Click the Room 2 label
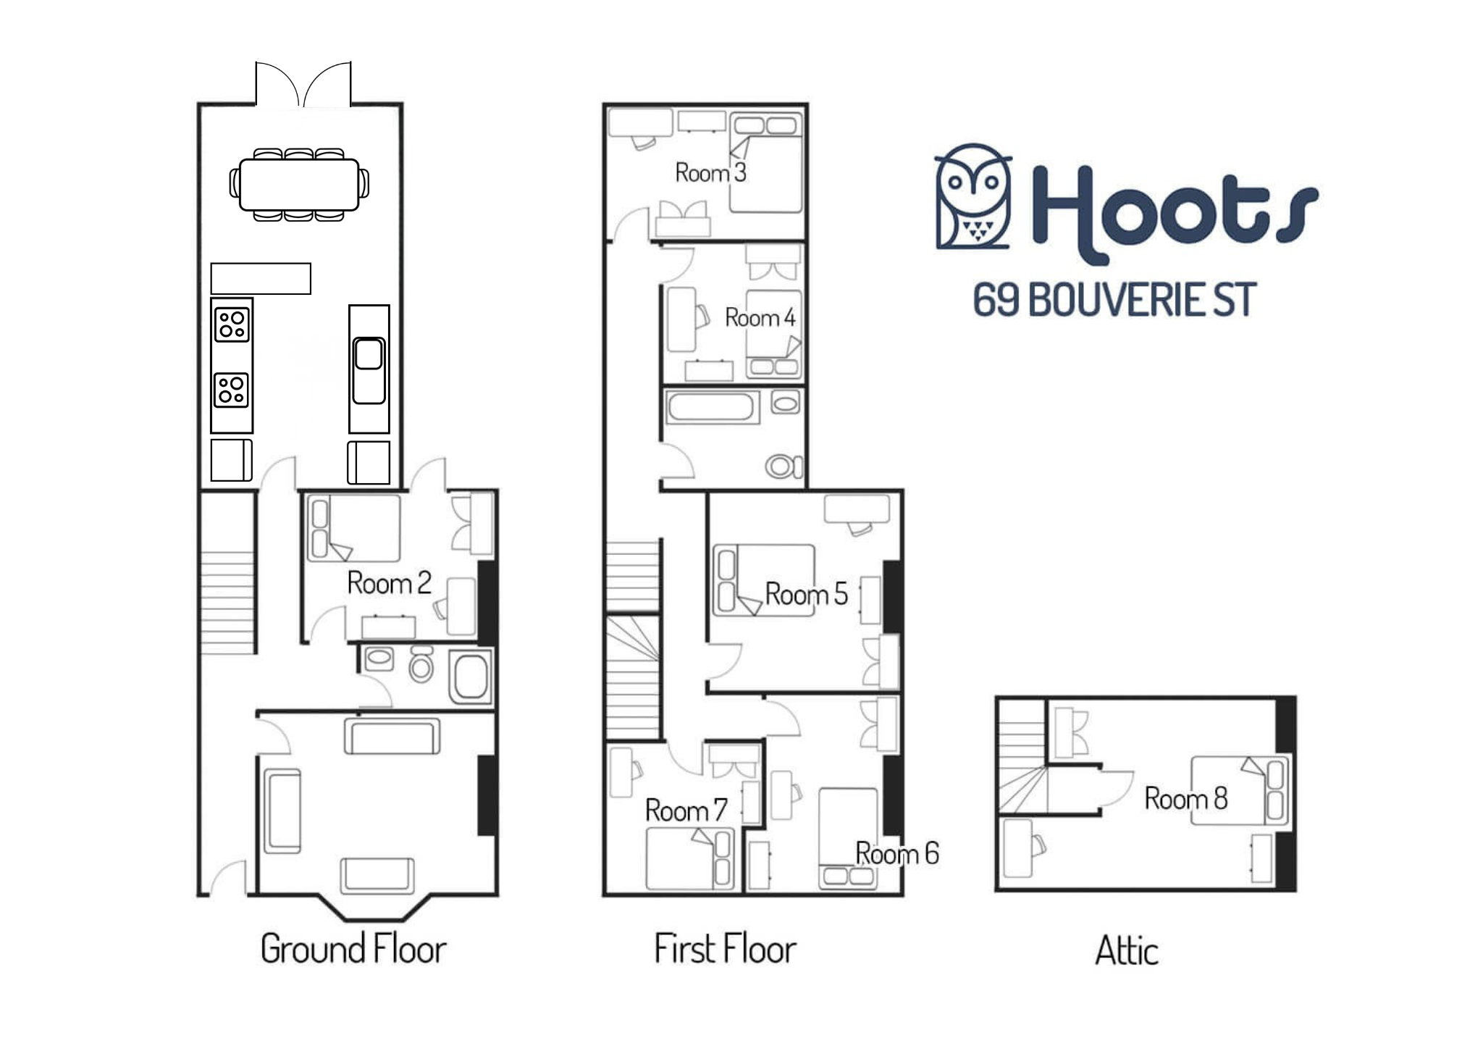pos(389,583)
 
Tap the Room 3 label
pos(710,172)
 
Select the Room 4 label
pos(760,317)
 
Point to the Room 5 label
pos(806,594)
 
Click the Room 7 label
pos(686,810)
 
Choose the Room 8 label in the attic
pos(1185,798)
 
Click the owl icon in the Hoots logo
pos(973,196)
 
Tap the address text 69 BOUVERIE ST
pos(1114,300)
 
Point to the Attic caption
pos(1126,950)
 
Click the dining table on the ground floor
pos(299,185)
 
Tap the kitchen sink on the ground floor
pos(369,369)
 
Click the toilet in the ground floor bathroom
pos(421,665)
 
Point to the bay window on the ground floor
pos(372,908)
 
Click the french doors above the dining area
pos(303,84)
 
